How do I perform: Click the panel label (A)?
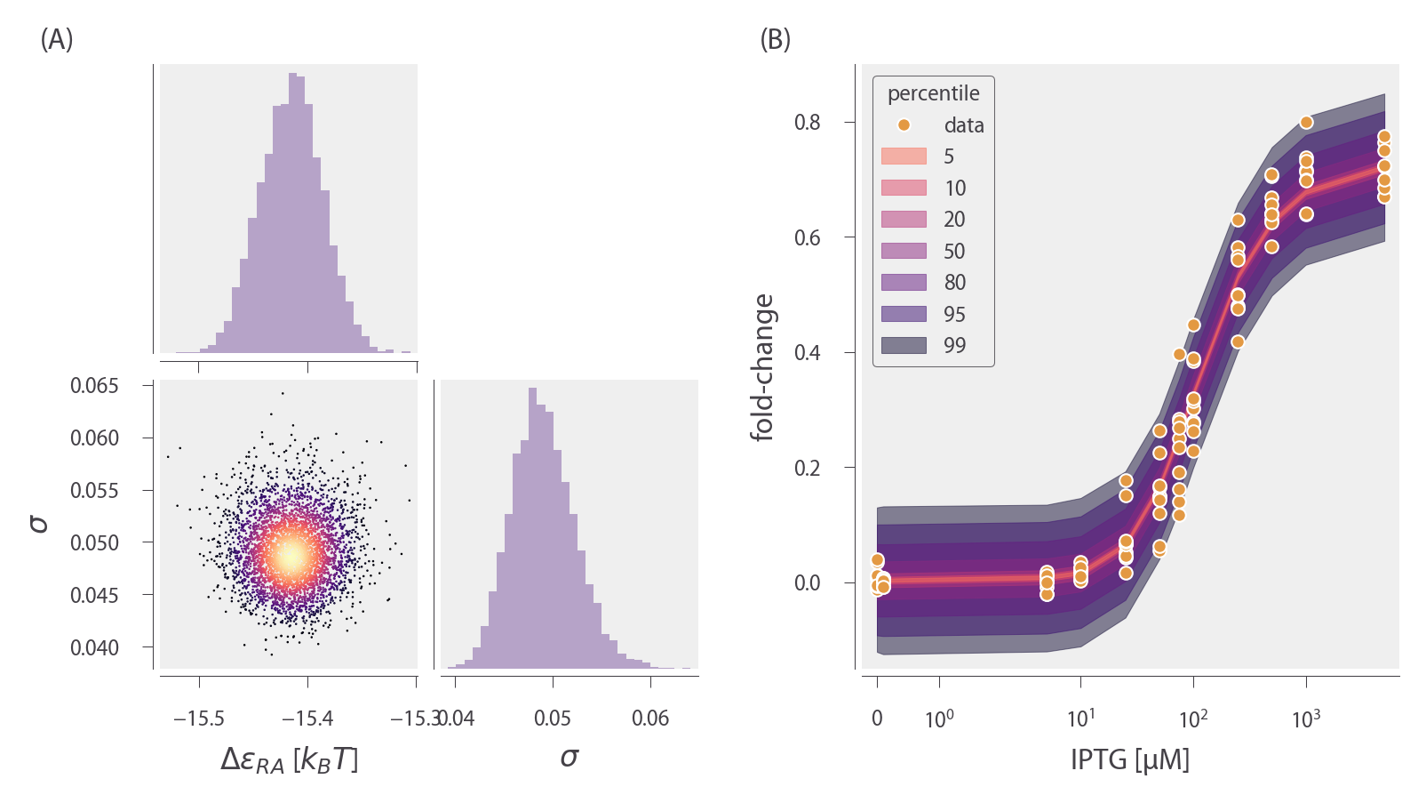(x=57, y=40)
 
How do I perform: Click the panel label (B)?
(x=775, y=40)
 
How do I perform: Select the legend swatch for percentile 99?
(x=904, y=345)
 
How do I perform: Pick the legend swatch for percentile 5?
(x=904, y=157)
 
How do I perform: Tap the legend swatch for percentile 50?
(x=904, y=251)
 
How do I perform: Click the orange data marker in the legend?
(x=904, y=125)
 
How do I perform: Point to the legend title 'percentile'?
(x=933, y=93)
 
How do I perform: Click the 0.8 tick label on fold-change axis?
(x=807, y=123)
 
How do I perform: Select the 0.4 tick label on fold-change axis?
(x=807, y=353)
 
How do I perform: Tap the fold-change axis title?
(x=762, y=367)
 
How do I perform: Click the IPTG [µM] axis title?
(x=1129, y=759)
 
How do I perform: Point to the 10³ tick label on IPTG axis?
(x=1305, y=719)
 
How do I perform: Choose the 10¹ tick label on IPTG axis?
(x=1080, y=719)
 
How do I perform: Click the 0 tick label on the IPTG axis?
(x=877, y=719)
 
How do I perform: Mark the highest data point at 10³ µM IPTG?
(x=1306, y=123)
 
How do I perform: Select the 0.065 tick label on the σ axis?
(x=94, y=386)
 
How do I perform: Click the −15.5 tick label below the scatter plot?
(x=199, y=719)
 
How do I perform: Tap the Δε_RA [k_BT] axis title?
(x=289, y=759)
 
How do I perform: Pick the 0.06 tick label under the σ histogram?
(x=650, y=719)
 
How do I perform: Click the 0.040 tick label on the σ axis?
(x=94, y=648)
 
